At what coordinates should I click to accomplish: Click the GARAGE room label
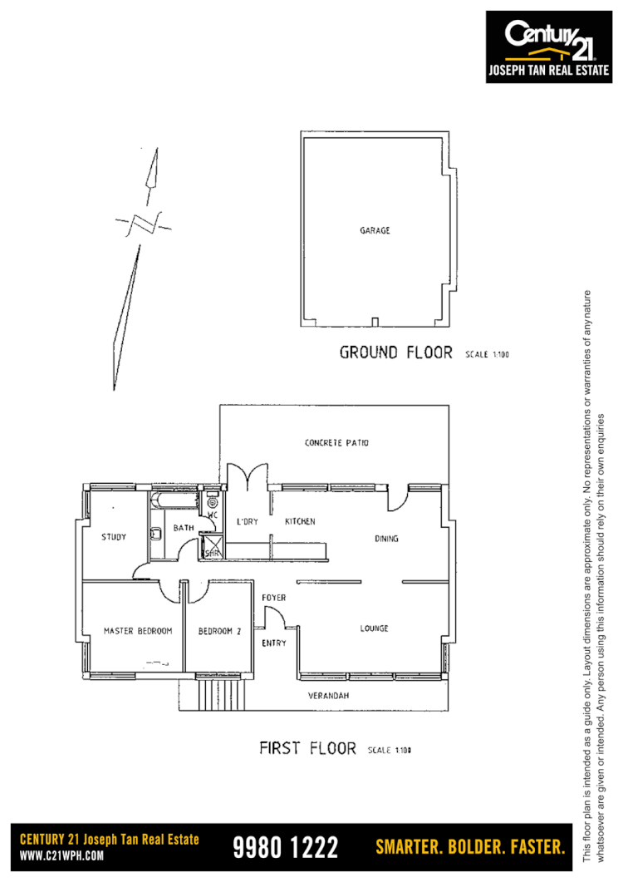click(x=375, y=230)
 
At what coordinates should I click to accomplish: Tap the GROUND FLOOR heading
click(x=395, y=352)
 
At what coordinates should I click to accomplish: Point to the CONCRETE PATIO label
click(x=336, y=443)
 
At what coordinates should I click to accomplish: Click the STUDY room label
click(x=114, y=537)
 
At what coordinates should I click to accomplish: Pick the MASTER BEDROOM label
click(x=138, y=631)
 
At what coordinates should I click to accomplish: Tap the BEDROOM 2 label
click(x=219, y=631)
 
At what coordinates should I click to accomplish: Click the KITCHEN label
click(x=300, y=521)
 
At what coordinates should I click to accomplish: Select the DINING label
click(x=386, y=539)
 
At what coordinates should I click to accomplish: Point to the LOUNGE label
click(x=374, y=628)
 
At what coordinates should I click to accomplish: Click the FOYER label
click(x=274, y=598)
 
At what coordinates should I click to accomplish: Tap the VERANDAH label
click(x=327, y=695)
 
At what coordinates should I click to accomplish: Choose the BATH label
click(x=183, y=528)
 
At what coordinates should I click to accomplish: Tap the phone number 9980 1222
click(x=286, y=848)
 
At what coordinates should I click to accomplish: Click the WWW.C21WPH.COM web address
click(x=61, y=856)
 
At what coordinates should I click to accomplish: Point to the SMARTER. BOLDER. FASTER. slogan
click(x=470, y=848)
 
